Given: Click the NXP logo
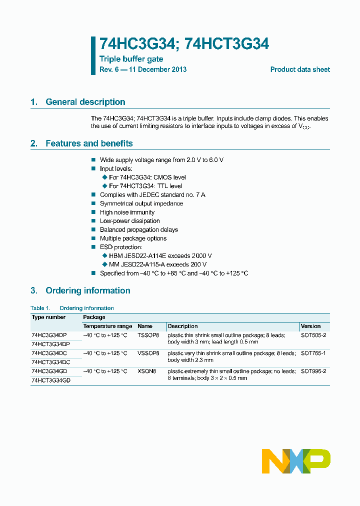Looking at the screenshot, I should pyautogui.click(x=296, y=460).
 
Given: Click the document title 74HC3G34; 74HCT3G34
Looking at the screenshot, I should pyautogui.click(x=184, y=44).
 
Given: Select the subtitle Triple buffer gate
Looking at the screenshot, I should pyautogui.click(x=131, y=59).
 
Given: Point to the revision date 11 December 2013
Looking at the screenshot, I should pyautogui.click(x=157, y=69).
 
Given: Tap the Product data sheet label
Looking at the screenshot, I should pyautogui.click(x=300, y=69).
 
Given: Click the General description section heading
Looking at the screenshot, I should pyautogui.click(x=85, y=102).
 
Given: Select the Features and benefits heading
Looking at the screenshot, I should pyautogui.click(x=89, y=143).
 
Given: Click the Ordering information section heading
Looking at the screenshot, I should pyautogui.click(x=87, y=290).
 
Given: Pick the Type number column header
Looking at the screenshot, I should pyautogui.click(x=48, y=317).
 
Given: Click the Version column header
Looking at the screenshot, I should pyautogui.click(x=310, y=326).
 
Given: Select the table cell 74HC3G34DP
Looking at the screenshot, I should pyautogui.click(x=48, y=335).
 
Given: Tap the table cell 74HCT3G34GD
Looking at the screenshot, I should pyautogui.click(x=50, y=380).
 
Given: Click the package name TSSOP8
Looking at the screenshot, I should pyautogui.click(x=148, y=335).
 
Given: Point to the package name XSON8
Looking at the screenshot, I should pyautogui.click(x=147, y=371).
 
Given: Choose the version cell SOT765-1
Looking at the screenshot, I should pyautogui.click(x=313, y=353).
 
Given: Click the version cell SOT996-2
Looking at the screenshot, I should pyautogui.click(x=313, y=371).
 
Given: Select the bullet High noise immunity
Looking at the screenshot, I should pyautogui.click(x=127, y=212).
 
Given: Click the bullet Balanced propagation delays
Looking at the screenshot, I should pyautogui.click(x=138, y=230).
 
